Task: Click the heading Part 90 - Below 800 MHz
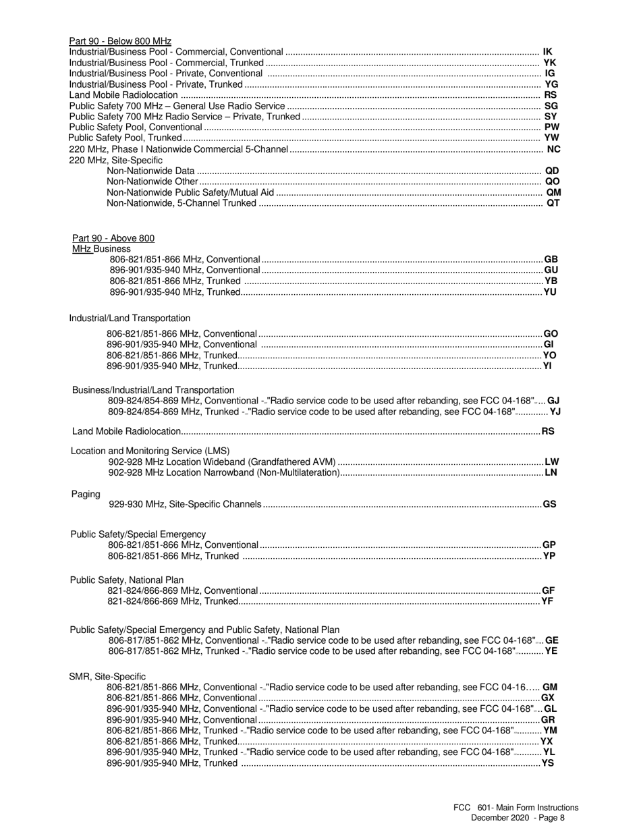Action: pos(120,41)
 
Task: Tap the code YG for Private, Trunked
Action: pos(551,84)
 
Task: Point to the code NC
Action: pos(553,149)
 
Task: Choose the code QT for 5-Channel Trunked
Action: pos(553,203)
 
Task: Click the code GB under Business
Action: pos(551,260)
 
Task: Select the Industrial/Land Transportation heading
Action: pos(130,318)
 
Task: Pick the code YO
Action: pos(549,356)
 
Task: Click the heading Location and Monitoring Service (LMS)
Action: pos(150,451)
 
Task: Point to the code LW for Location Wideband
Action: pos(551,462)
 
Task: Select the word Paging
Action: pos(86,494)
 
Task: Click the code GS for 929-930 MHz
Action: pos(549,504)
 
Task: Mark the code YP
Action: pos(549,556)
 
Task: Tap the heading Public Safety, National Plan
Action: pos(127,580)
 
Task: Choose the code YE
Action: pos(551,651)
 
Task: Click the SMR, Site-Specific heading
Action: pos(107,676)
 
